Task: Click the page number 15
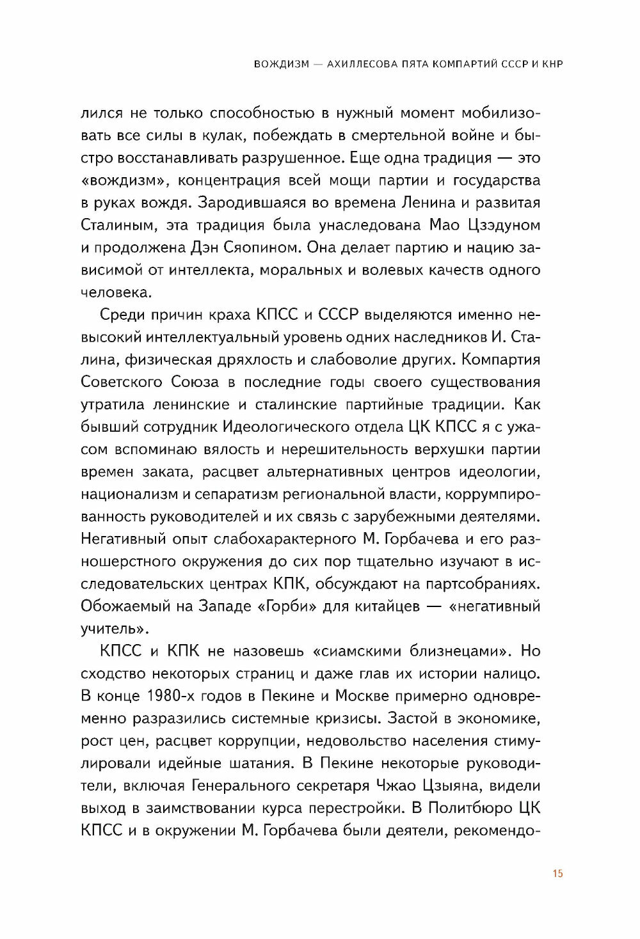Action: point(557,873)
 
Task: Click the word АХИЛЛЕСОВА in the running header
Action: point(360,64)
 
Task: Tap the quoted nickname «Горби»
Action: point(287,606)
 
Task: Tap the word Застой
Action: point(412,718)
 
